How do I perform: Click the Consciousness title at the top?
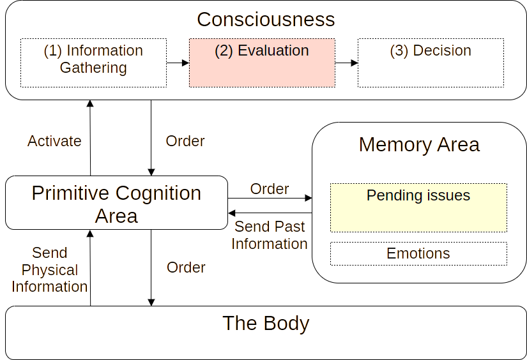tap(265, 20)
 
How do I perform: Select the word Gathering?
tap(93, 68)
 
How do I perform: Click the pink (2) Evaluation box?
tap(262, 63)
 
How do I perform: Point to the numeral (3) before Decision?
tap(399, 51)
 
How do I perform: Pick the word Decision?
tap(441, 51)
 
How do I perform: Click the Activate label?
tap(54, 141)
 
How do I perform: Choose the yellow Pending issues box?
tap(418, 207)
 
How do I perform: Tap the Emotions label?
tap(418, 253)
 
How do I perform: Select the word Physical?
tap(49, 270)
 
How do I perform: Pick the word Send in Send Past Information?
tap(251, 227)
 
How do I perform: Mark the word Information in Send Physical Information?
tap(49, 287)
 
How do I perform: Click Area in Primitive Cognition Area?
tap(116, 216)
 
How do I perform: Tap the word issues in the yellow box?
tap(449, 195)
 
